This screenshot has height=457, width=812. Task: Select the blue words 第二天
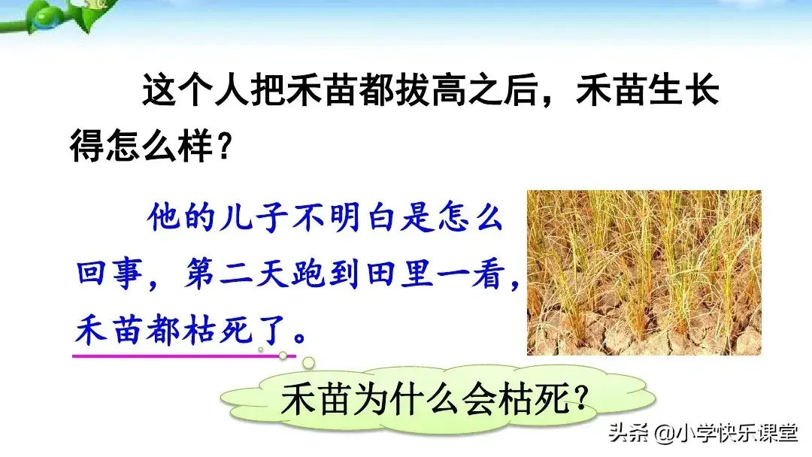click(x=231, y=274)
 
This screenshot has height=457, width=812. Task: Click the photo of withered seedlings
click(x=644, y=272)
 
